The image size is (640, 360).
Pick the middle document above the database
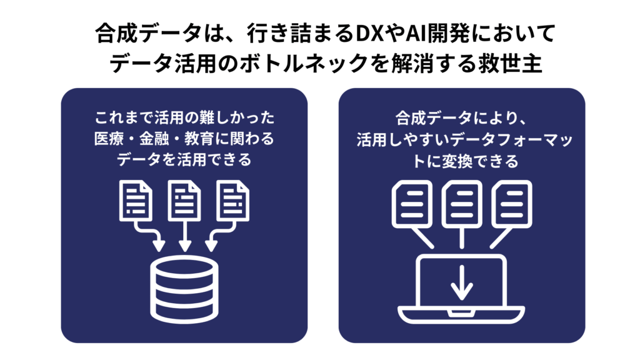tap(184, 201)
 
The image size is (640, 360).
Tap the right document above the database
tap(232, 201)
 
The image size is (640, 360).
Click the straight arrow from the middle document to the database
tap(184, 235)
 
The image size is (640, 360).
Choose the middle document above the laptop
tap(461, 202)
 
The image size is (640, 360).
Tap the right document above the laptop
tap(511, 202)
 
